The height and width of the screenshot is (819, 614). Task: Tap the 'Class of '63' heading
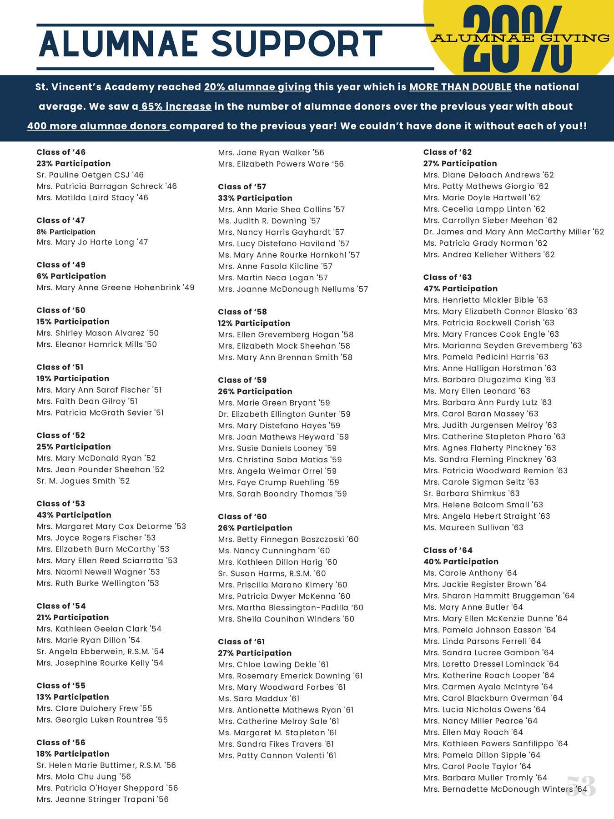point(447,277)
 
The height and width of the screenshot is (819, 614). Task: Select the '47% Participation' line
point(460,288)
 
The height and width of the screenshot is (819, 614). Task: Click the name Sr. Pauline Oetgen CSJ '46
point(90,175)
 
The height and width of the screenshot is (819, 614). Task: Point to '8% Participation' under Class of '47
point(66,232)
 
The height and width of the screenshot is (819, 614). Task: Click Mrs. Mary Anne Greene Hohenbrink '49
point(116,288)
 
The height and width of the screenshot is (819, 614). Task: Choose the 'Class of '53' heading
point(60,504)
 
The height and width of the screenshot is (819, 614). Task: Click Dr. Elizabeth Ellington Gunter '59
point(284,414)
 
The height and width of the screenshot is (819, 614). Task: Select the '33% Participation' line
point(255,198)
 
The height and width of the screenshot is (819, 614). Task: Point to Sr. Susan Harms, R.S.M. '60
point(272,573)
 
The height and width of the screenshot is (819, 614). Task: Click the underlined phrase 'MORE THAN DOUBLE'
point(460,87)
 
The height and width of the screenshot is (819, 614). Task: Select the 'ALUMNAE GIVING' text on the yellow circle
point(521,38)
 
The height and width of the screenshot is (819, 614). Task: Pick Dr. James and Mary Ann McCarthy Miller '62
point(513,232)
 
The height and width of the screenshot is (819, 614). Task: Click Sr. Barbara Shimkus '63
point(471,493)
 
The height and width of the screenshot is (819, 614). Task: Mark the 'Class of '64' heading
point(448,550)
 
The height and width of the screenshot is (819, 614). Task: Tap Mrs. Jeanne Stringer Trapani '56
point(102,799)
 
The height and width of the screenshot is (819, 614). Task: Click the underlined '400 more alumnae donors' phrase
point(98,126)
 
